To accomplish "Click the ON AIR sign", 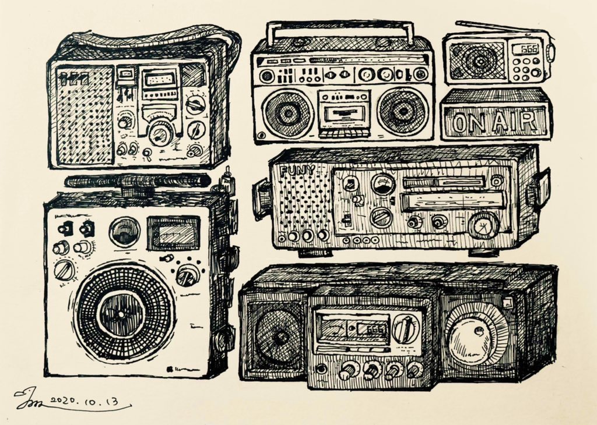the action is [x=496, y=122].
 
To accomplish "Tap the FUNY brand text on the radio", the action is [x=297, y=171].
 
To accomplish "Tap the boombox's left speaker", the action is [x=287, y=113].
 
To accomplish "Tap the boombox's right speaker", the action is [x=403, y=112].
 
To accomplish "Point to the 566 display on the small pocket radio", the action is [x=529, y=49].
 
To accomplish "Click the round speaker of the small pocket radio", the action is [x=477, y=59].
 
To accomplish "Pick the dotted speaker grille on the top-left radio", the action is [x=84, y=115].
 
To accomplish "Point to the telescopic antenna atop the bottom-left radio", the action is [x=138, y=181].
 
